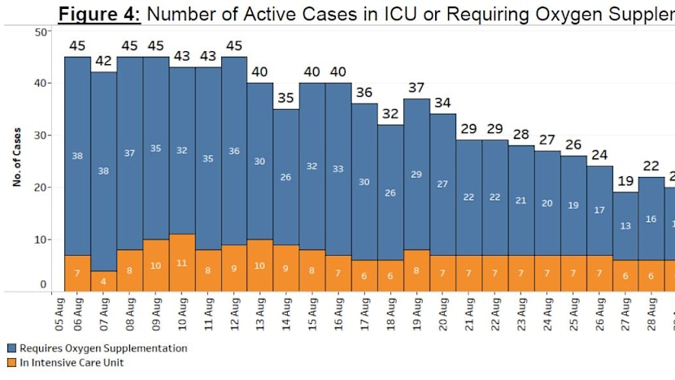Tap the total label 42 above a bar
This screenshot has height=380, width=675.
pos(103,61)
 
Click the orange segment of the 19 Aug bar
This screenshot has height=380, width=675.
pos(416,270)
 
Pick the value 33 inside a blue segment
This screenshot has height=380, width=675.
pos(338,169)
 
